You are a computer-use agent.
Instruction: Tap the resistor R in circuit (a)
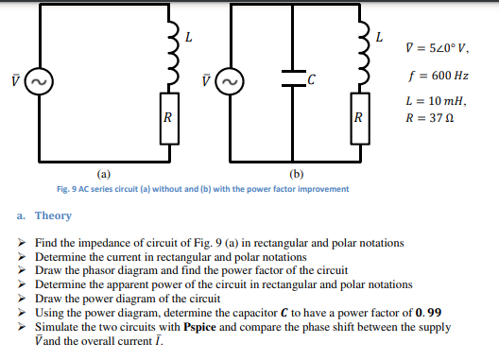point(167,119)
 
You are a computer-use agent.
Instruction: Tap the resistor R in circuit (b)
point(357,119)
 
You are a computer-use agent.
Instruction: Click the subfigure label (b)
point(297,174)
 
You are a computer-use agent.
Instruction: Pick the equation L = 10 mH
point(435,100)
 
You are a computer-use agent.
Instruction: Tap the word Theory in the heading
point(53,216)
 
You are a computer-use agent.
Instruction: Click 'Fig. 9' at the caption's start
point(69,188)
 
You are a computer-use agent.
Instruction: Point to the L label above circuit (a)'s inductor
point(189,37)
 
